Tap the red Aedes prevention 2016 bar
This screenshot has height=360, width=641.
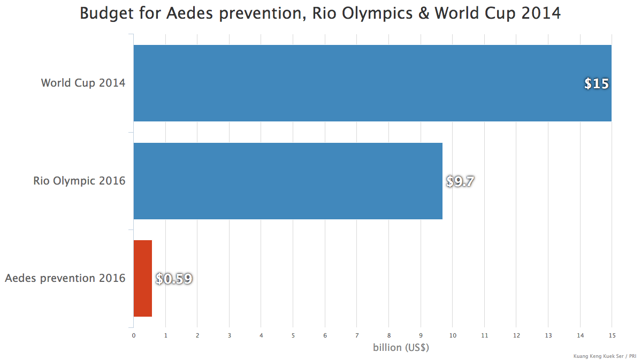click(143, 278)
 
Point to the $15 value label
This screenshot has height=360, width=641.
click(596, 83)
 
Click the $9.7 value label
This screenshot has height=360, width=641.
click(460, 181)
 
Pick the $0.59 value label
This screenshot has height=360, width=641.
click(174, 279)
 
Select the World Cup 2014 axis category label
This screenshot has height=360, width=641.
click(83, 83)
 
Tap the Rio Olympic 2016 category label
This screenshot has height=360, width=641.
click(79, 181)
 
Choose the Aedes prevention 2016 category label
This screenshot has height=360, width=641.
click(65, 278)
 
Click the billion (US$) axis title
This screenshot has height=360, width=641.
click(401, 347)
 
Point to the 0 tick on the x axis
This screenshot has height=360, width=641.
click(134, 335)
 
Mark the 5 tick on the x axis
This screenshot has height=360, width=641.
click(293, 335)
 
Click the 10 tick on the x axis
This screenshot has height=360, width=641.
click(453, 335)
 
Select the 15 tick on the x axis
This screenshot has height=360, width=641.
click(612, 335)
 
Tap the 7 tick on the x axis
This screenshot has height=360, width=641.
click(357, 335)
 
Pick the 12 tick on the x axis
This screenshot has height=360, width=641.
click(516, 335)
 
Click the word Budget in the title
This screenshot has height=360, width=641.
click(105, 13)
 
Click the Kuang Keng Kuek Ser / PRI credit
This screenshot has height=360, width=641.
click(604, 356)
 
